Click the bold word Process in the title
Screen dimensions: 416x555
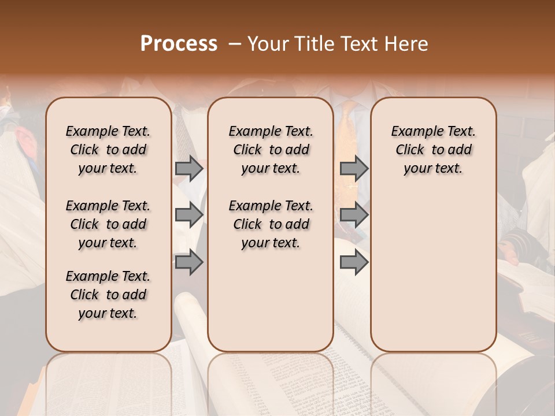coord(179,44)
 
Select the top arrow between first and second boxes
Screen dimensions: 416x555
coord(189,168)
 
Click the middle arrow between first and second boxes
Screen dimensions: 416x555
coord(189,215)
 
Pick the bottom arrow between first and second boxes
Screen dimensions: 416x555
coord(189,262)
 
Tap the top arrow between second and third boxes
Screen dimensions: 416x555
coord(354,168)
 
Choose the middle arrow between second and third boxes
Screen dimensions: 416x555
coord(354,215)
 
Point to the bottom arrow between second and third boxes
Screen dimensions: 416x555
coord(354,262)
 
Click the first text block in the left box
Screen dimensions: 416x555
coord(108,150)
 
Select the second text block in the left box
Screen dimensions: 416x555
coord(108,224)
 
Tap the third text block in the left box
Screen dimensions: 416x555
coord(108,295)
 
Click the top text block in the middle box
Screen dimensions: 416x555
coord(271,150)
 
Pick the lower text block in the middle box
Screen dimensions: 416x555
coord(271,224)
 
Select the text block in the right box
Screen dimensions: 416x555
coord(434,150)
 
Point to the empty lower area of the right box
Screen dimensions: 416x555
coord(434,272)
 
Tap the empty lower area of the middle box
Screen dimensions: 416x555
coord(271,300)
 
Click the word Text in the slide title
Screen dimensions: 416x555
coord(361,44)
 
